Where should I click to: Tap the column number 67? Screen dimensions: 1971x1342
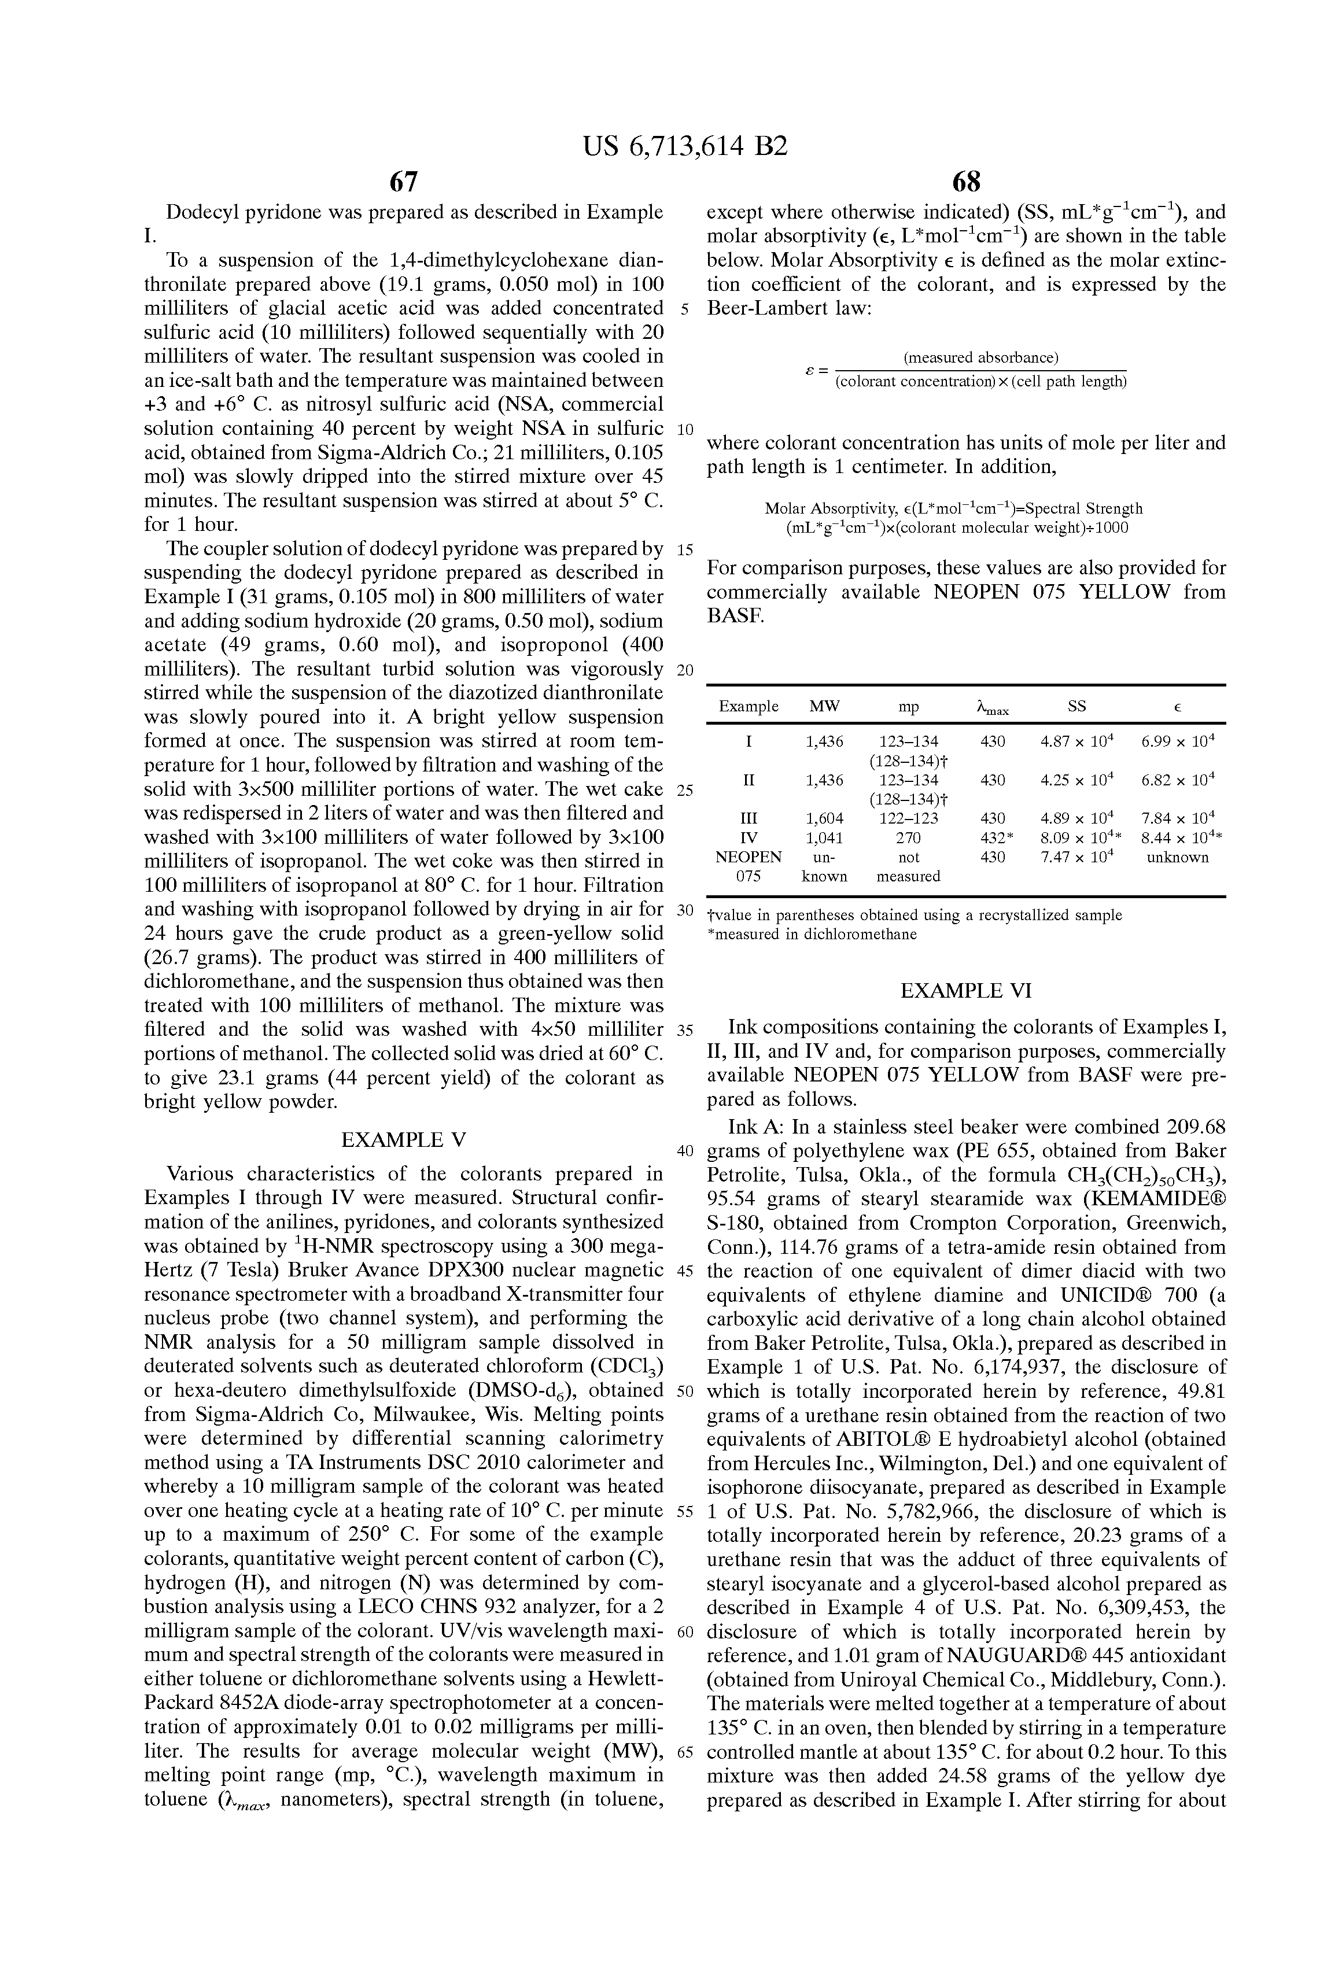point(404,182)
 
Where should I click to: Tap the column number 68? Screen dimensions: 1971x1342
point(966,182)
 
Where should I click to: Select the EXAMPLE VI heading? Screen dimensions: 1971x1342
point(966,991)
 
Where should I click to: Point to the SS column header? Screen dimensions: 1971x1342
point(1076,706)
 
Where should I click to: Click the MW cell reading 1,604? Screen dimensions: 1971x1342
point(824,818)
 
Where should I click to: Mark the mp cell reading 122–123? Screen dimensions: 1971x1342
point(909,818)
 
